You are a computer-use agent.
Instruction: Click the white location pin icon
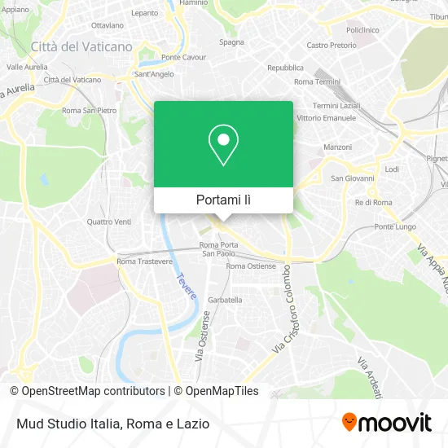pyautogui.click(x=223, y=144)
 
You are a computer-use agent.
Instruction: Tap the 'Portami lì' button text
pyautogui.click(x=223, y=200)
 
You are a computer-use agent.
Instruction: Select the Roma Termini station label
pyautogui.click(x=317, y=82)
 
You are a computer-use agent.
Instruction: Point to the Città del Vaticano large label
pyautogui.click(x=81, y=47)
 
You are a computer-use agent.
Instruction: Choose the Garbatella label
pyautogui.click(x=225, y=300)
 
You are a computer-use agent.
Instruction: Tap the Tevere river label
pyautogui.click(x=187, y=285)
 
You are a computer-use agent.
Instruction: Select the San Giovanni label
pyautogui.click(x=352, y=178)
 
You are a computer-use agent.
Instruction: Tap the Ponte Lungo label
pyautogui.click(x=394, y=226)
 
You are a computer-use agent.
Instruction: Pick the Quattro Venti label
pyautogui.click(x=108, y=222)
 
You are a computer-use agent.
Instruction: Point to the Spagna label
pyautogui.click(x=231, y=42)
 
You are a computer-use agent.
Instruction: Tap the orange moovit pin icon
pyautogui.click(x=349, y=423)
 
